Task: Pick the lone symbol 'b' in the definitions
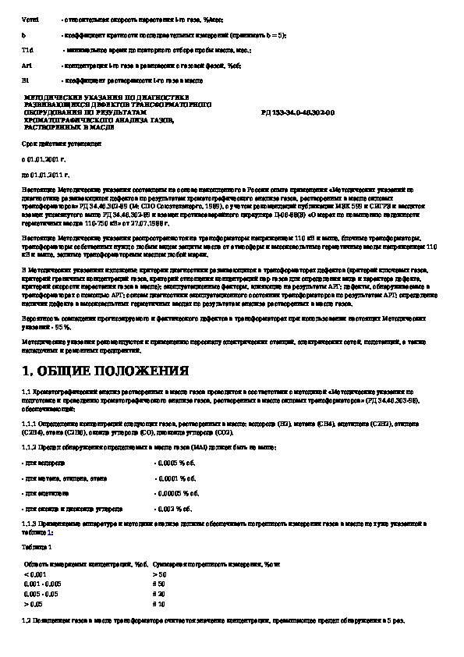[23, 35]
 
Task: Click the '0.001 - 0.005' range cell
[44, 584]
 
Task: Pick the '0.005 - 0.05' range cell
[44, 593]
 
